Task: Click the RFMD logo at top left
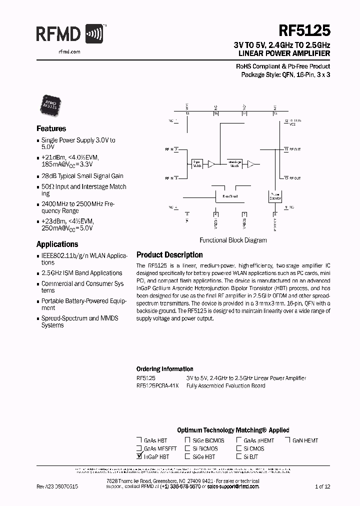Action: tap(69, 34)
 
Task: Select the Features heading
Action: tap(51, 128)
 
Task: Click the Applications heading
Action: tap(57, 244)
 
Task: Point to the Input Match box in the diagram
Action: tap(197, 163)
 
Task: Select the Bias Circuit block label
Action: tap(230, 196)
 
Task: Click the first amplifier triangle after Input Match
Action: tap(211, 163)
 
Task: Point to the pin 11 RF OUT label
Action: tap(293, 149)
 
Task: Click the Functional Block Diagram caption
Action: tap(233, 240)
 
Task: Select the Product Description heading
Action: tap(169, 254)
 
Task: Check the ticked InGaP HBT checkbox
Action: tap(138, 456)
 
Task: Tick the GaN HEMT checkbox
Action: tap(288, 440)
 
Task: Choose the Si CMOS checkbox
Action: tap(239, 448)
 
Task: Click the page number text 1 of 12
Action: tap(323, 486)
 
